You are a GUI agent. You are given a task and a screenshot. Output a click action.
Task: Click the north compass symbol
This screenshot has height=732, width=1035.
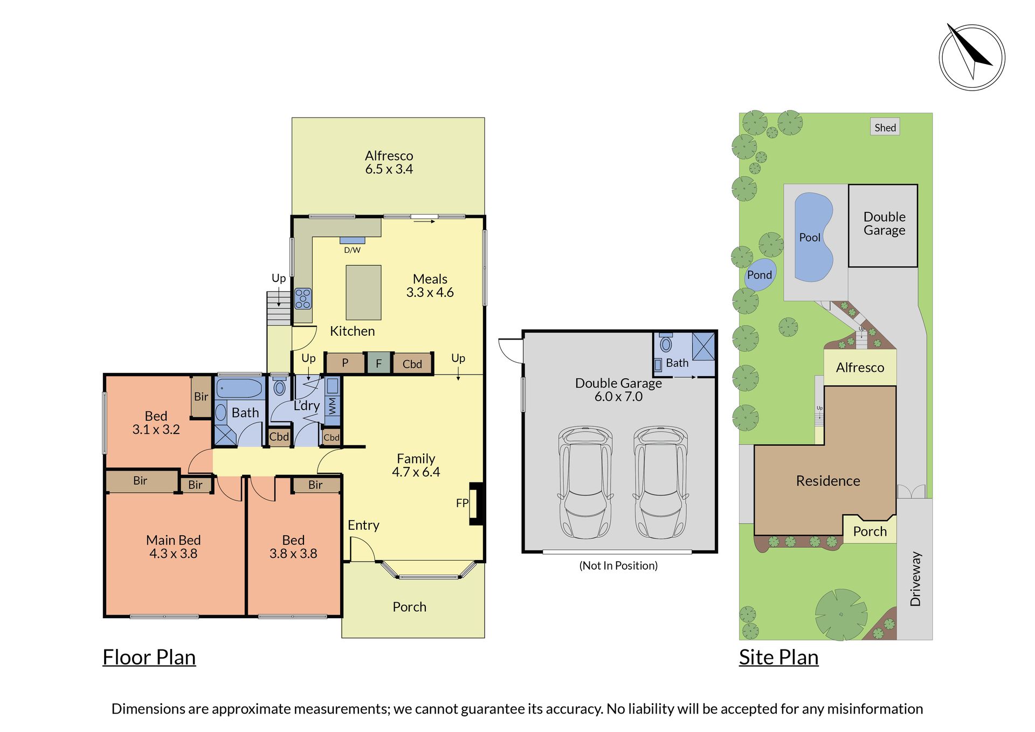pyautogui.click(x=972, y=57)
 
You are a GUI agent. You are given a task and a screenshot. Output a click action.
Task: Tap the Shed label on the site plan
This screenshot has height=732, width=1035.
pyautogui.click(x=885, y=127)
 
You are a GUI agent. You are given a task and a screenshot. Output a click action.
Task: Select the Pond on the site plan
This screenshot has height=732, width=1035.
pyautogui.click(x=760, y=274)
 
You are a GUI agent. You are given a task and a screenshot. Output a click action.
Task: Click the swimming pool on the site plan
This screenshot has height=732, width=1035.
pyautogui.click(x=814, y=237)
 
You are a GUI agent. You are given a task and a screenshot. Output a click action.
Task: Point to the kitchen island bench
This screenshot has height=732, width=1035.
pyautogui.click(x=363, y=293)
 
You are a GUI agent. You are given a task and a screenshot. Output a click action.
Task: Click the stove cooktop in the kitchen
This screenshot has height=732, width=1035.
pyautogui.click(x=303, y=299)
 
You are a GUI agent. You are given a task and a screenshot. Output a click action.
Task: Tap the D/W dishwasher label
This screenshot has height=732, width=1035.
pyautogui.click(x=353, y=250)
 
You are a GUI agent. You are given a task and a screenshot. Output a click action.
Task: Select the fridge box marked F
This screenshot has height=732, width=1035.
pyautogui.click(x=378, y=363)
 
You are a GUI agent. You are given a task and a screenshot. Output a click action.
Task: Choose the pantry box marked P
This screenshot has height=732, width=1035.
pyautogui.click(x=345, y=363)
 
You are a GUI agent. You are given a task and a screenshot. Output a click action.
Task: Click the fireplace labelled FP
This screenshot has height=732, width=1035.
pyautogui.click(x=476, y=503)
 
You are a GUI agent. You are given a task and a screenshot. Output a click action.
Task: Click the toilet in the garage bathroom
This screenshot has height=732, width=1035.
pyautogui.click(x=666, y=343)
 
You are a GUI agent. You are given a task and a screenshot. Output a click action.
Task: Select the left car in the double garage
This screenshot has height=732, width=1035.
pyautogui.click(x=585, y=482)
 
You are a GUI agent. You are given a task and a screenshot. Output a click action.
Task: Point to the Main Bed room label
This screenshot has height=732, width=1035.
pyautogui.click(x=174, y=540)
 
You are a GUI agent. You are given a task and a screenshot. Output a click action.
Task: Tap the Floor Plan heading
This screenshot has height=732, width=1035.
pyautogui.click(x=149, y=658)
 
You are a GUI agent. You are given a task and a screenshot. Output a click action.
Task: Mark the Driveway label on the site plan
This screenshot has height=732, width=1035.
pyautogui.click(x=915, y=579)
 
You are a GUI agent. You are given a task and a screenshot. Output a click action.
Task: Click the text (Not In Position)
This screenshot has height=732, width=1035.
pyautogui.click(x=618, y=565)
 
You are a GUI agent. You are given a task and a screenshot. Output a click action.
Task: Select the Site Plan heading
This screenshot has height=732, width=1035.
pyautogui.click(x=779, y=658)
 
